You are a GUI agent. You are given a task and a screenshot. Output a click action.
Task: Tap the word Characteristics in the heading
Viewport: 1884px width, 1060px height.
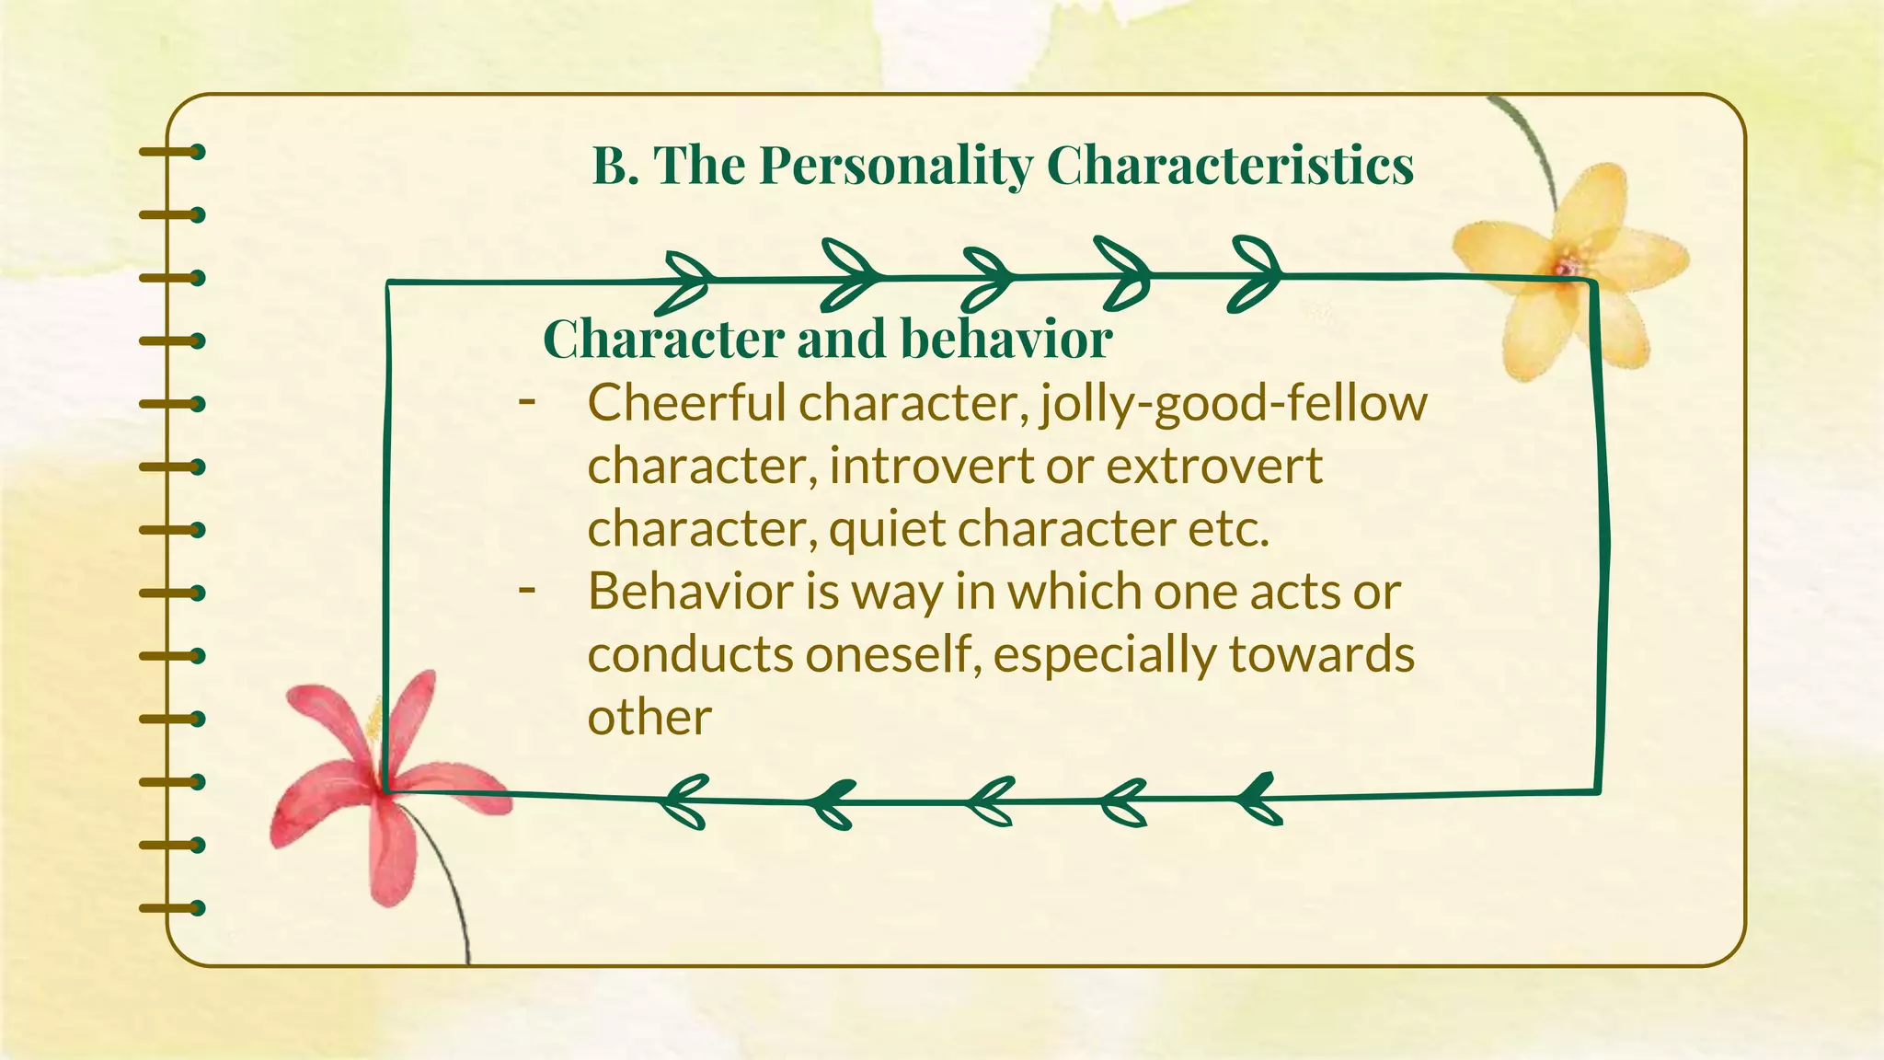click(1230, 166)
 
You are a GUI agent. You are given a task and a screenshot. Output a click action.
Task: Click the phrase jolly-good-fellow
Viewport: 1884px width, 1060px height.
click(1234, 405)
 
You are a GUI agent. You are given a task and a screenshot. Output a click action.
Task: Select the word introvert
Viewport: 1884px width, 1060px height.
click(930, 466)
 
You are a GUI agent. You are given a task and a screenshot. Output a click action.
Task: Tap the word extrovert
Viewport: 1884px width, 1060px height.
click(1214, 466)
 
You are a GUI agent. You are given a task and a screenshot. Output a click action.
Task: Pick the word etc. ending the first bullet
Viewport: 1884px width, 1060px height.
click(1229, 529)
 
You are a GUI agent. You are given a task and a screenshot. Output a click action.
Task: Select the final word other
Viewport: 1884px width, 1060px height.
click(649, 718)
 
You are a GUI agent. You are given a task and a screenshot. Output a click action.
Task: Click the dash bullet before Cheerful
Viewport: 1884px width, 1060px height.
click(527, 401)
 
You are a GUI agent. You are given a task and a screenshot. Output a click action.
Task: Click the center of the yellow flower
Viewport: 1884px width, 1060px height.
click(1567, 266)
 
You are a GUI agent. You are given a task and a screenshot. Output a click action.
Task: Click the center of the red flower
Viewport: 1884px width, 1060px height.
click(385, 787)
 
